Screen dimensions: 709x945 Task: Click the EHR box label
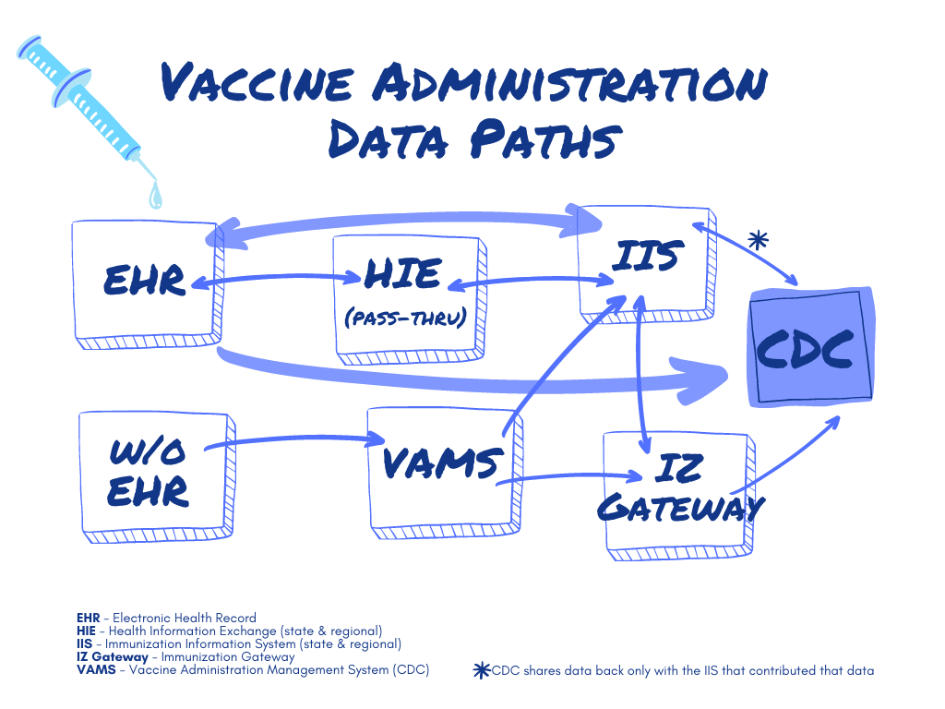click(143, 280)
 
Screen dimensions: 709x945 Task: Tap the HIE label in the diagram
click(403, 274)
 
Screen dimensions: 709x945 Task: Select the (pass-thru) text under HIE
click(405, 318)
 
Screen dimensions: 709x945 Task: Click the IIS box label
click(646, 256)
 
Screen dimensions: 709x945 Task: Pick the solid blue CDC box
click(809, 348)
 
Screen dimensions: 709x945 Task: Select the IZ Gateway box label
click(681, 488)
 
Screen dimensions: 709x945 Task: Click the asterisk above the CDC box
click(758, 241)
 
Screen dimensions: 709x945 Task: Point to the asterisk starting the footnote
click(481, 671)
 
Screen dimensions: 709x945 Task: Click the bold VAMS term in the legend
click(97, 670)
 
